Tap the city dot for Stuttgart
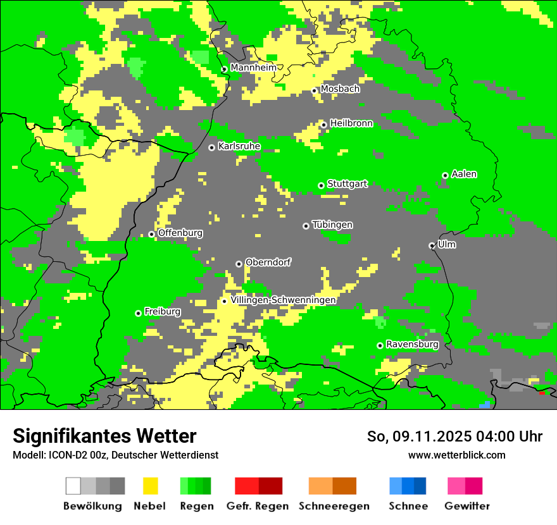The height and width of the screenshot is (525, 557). click(x=322, y=185)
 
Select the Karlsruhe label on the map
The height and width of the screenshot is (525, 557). click(x=239, y=146)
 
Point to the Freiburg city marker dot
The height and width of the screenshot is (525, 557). click(x=138, y=313)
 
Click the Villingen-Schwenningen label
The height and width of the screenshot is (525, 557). click(x=283, y=300)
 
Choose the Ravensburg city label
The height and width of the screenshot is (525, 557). click(x=412, y=344)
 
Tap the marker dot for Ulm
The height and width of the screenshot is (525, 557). click(x=432, y=245)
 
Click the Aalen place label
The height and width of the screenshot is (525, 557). click(x=464, y=174)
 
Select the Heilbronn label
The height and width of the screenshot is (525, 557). click(x=351, y=123)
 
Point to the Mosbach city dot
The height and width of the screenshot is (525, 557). click(x=314, y=91)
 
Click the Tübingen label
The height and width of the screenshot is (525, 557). click(x=332, y=225)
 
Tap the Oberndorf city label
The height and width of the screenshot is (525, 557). click(x=268, y=262)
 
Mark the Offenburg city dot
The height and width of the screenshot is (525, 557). click(x=151, y=234)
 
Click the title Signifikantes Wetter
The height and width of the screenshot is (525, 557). click(x=104, y=436)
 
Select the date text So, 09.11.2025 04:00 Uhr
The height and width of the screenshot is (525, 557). click(x=454, y=436)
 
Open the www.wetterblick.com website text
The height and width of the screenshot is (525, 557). click(x=456, y=455)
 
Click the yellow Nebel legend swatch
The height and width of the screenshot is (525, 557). click(x=151, y=486)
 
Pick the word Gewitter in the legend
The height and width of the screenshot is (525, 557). click(x=466, y=506)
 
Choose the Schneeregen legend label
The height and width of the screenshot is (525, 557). click(x=334, y=506)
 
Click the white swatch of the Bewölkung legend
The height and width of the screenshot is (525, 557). click(x=73, y=486)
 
